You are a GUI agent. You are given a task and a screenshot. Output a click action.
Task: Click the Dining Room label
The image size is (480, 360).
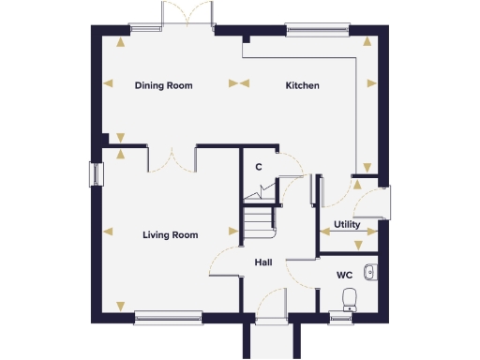[x=163, y=85]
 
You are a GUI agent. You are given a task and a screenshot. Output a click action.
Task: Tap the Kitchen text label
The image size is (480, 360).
[x=302, y=85]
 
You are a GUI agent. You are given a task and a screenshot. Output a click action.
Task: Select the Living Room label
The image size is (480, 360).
[x=170, y=235]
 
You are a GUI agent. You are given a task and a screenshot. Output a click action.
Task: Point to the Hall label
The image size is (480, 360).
[x=262, y=262]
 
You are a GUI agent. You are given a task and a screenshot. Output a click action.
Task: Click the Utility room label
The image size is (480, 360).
[x=347, y=225]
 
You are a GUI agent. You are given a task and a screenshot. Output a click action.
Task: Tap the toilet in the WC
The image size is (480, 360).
[x=350, y=299]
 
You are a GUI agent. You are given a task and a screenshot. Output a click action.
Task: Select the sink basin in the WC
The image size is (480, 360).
[x=371, y=273]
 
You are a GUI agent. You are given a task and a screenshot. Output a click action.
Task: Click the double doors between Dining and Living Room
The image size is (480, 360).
[x=172, y=157]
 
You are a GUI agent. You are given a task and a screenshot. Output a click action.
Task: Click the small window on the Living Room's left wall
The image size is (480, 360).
[x=95, y=175]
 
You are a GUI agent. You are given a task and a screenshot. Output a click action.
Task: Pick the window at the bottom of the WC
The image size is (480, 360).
[x=342, y=316]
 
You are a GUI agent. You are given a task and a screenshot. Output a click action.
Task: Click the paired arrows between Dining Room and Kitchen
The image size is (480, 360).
[x=238, y=83]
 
